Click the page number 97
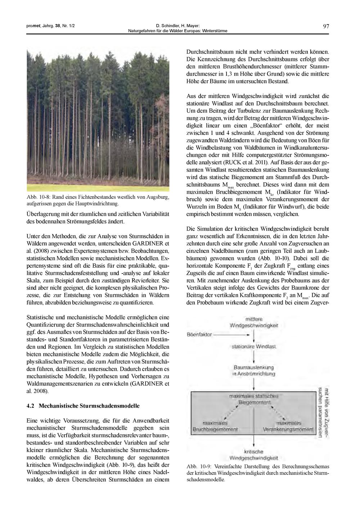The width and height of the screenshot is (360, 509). tap(326, 26)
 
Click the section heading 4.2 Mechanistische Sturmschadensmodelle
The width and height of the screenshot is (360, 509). tap(83, 406)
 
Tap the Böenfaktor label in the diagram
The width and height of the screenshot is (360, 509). tap(199, 334)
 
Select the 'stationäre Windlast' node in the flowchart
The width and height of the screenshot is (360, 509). tap(254, 346)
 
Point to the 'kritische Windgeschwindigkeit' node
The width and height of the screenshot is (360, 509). tap(254, 455)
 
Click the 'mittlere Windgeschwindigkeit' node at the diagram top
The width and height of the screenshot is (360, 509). tap(254, 322)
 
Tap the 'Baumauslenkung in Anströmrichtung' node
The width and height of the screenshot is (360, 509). tap(253, 370)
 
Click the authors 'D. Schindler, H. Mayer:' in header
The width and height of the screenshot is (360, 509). tap(178, 26)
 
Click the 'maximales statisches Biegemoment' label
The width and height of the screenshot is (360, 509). tap(254, 399)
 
